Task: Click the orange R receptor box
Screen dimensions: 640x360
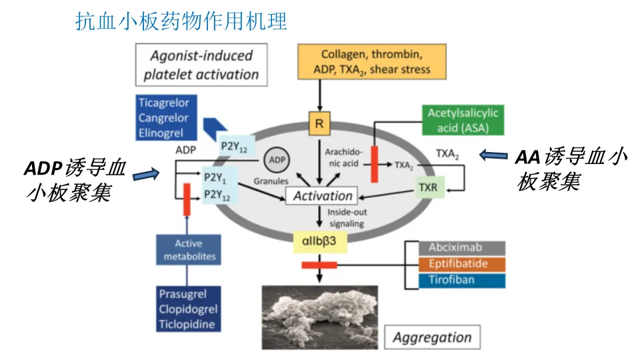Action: (x=319, y=123)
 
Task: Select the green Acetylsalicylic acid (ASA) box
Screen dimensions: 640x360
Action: (x=463, y=120)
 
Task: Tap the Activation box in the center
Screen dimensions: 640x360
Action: (x=321, y=196)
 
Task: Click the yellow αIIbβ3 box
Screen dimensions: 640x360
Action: (x=320, y=241)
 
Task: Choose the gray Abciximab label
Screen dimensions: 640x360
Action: (x=461, y=248)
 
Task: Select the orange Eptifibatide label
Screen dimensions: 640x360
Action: (x=461, y=264)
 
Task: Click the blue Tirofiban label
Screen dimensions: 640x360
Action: (x=461, y=281)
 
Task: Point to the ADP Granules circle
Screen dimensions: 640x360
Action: (x=277, y=159)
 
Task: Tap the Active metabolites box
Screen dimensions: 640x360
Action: (x=189, y=250)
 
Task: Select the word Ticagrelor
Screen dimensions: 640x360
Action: (x=164, y=103)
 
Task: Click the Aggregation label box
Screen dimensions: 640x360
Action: (x=432, y=337)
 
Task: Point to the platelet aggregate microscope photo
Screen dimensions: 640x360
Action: (x=319, y=317)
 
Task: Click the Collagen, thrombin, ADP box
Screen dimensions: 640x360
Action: (x=372, y=61)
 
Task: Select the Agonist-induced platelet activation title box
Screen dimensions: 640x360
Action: (x=201, y=65)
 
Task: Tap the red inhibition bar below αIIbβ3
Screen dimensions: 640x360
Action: (x=319, y=265)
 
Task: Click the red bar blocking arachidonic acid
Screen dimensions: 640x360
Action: (x=374, y=164)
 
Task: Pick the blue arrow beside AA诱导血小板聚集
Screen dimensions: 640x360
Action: (x=493, y=155)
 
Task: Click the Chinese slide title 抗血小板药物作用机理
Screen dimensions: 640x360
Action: (x=181, y=21)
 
